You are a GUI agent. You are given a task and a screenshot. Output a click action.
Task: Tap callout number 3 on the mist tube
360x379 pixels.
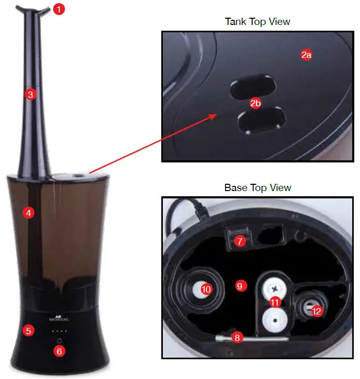pyautogui.click(x=31, y=94)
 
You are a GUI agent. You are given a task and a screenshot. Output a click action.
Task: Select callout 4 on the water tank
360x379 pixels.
pyautogui.click(x=29, y=212)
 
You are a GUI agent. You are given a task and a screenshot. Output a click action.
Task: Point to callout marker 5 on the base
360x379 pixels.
pyautogui.click(x=29, y=330)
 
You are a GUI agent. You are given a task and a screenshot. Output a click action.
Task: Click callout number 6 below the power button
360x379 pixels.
pyautogui.click(x=59, y=351)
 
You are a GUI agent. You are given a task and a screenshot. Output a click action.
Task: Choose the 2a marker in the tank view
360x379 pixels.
pyautogui.click(x=306, y=55)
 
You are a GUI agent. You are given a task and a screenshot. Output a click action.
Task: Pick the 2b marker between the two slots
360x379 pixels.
pyautogui.click(x=255, y=104)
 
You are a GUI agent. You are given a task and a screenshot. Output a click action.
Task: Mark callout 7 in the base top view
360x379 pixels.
pyautogui.click(x=240, y=241)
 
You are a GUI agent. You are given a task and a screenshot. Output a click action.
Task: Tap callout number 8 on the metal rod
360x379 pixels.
pyautogui.click(x=238, y=337)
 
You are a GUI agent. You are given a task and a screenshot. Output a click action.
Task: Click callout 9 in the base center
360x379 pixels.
pyautogui.click(x=240, y=286)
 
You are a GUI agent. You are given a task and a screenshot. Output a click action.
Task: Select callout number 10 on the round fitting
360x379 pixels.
pyautogui.click(x=206, y=289)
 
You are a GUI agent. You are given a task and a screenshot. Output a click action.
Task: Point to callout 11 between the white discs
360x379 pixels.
pyautogui.click(x=274, y=301)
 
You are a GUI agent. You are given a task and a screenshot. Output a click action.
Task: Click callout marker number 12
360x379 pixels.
pyautogui.click(x=316, y=311)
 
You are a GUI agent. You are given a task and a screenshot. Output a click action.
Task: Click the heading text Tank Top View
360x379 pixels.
pyautogui.click(x=257, y=22)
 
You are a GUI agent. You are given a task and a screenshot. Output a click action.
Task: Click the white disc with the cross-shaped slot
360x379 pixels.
pyautogui.click(x=274, y=287)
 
